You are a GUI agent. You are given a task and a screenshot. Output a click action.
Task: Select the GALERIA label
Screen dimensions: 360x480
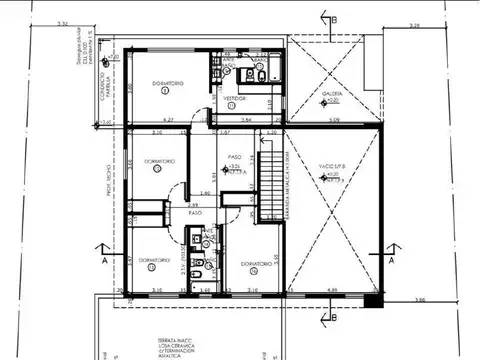click(332, 95)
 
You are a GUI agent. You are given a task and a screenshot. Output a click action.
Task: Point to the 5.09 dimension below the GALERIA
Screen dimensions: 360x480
click(334, 120)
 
